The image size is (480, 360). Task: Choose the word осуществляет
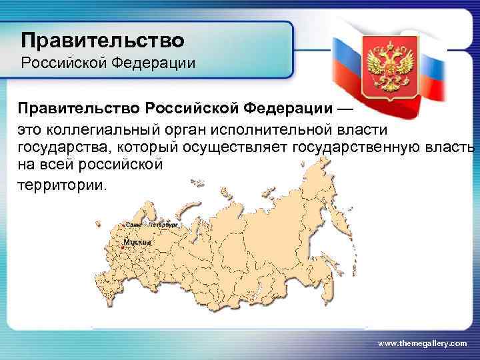point(231,147)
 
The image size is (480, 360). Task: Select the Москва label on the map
point(137,242)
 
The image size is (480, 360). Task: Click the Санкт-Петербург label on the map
point(150,225)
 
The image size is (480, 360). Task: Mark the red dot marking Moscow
point(122,247)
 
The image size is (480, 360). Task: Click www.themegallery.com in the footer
point(423,342)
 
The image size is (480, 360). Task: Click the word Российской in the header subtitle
point(62,65)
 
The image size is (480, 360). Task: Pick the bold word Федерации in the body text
point(289,107)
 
